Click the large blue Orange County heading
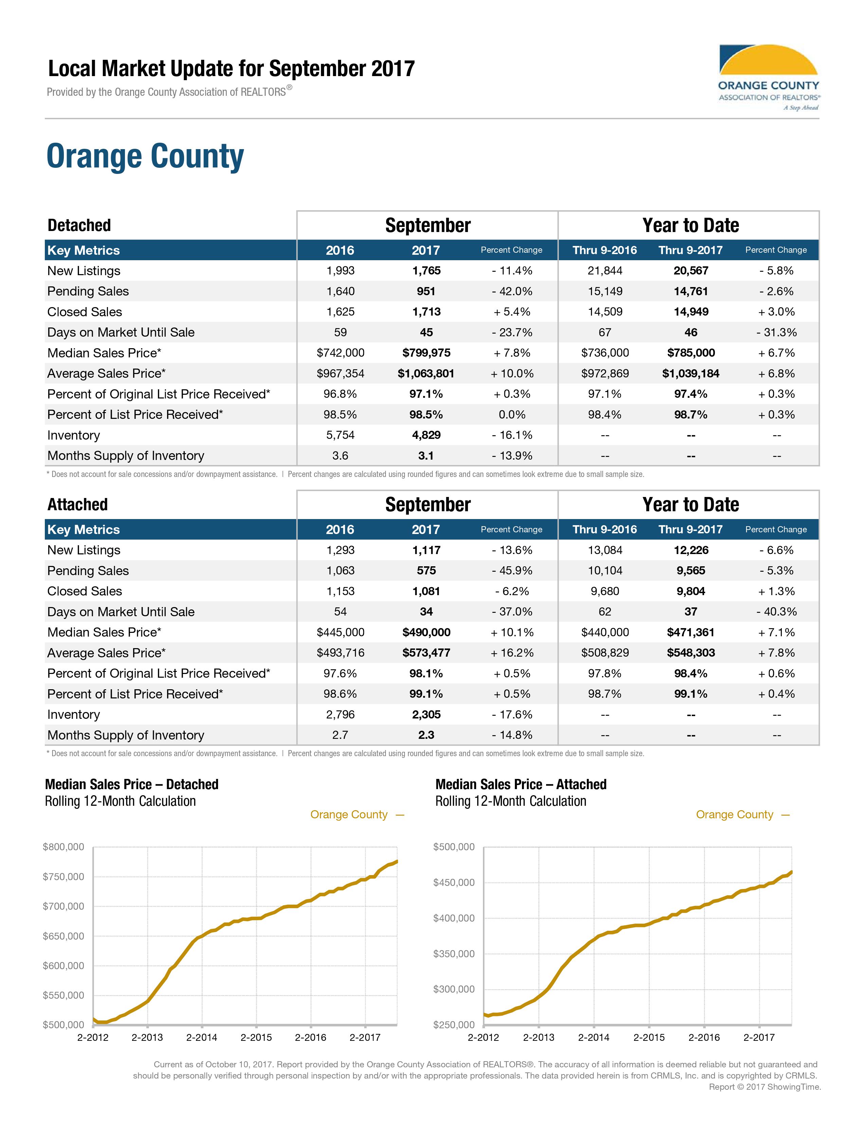[x=145, y=157]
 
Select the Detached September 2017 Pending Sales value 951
[x=426, y=291]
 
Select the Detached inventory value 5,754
[x=340, y=435]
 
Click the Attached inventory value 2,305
[x=426, y=714]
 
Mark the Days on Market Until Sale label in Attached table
[x=121, y=612]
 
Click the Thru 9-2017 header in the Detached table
[x=690, y=250]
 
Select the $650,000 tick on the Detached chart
[x=64, y=936]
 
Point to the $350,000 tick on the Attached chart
[x=454, y=954]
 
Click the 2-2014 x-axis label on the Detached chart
[x=202, y=1037]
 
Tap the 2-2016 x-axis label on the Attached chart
[x=704, y=1037]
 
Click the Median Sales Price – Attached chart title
[x=521, y=784]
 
